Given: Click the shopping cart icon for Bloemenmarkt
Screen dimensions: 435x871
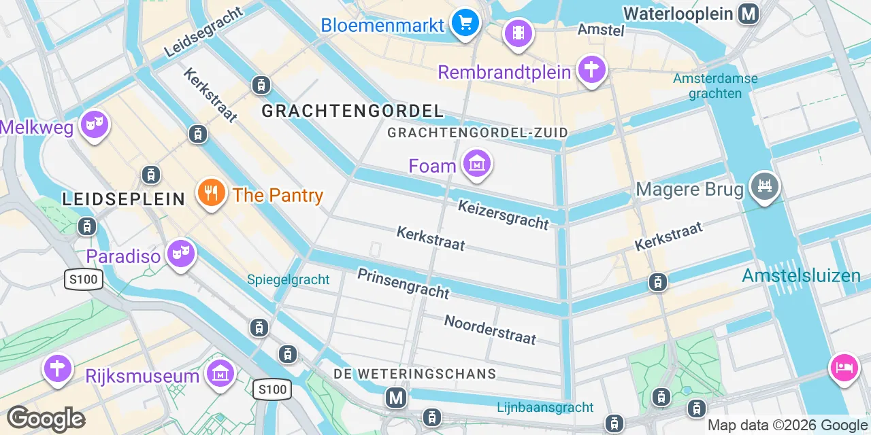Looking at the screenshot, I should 465,24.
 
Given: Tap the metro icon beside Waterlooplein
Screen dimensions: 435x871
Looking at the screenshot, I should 749,13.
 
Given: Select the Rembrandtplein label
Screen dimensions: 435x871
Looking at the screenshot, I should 504,72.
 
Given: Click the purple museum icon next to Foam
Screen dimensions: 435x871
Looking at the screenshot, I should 477,164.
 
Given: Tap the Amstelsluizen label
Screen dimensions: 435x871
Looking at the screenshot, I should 801,276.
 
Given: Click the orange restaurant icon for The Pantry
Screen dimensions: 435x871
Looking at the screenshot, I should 212,192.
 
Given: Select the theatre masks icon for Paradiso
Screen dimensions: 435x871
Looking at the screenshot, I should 180,254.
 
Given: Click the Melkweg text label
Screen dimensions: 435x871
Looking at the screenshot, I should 37,128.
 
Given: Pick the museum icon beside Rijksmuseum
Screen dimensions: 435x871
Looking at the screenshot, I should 220,372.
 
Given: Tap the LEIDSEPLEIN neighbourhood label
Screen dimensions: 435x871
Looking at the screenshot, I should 123,199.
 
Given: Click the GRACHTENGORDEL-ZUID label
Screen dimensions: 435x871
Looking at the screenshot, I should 477,133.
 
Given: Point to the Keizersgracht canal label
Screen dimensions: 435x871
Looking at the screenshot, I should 503,214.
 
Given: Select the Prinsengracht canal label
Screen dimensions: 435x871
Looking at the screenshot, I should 404,283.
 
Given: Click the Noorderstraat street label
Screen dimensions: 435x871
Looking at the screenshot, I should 490,329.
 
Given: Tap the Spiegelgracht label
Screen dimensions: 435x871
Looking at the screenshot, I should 288,279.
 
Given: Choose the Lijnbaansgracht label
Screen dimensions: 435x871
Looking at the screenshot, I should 545,408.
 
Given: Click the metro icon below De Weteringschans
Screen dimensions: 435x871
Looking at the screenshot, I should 396,398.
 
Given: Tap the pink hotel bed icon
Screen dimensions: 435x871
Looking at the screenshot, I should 844,367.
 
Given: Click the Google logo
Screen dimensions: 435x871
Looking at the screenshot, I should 46,419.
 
